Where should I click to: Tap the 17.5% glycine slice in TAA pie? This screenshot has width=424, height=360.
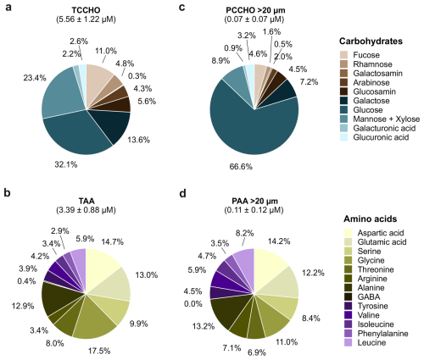coord(95,319)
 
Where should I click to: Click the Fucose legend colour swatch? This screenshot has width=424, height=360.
coord(344,55)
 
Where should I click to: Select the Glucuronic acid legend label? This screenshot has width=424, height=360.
coord(381,137)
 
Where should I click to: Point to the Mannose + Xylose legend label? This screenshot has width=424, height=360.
coord(386,119)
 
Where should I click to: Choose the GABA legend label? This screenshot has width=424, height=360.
coord(369,296)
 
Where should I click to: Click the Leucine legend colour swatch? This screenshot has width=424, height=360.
coord(349,343)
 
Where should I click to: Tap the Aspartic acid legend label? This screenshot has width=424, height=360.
coord(381,233)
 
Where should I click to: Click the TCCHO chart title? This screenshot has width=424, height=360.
coord(86,10)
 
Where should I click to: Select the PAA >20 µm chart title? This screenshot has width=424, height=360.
coord(254,201)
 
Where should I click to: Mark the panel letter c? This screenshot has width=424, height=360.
coord(182,7)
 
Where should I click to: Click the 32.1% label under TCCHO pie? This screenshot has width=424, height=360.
coord(66,164)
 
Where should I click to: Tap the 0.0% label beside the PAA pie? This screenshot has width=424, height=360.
coord(193,304)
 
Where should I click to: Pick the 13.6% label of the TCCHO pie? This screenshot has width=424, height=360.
coord(138,140)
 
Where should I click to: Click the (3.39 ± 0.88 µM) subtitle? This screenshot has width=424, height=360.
coord(86,210)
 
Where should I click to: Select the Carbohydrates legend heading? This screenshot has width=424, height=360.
coord(371,42)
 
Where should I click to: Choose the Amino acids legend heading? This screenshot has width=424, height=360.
coord(371,219)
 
